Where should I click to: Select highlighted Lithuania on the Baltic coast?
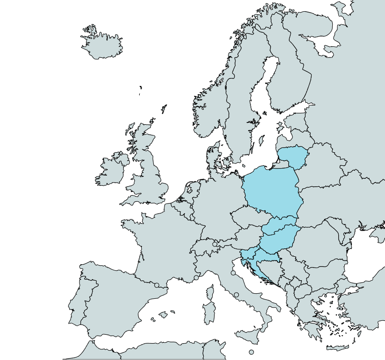click(x=294, y=156)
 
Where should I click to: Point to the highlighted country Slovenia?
click(x=248, y=255)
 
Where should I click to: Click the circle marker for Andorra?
click(x=157, y=285)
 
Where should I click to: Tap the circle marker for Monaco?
click(x=196, y=278)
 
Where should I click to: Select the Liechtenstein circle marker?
click(x=215, y=244)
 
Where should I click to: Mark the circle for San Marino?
click(x=233, y=273)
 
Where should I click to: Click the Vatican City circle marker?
click(x=236, y=295)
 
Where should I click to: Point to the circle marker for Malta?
click(x=251, y=352)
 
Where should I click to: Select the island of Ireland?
click(x=110, y=170)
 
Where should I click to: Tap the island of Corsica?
click(x=210, y=293)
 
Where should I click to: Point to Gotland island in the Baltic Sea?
click(x=262, y=140)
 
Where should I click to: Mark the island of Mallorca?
click(x=163, y=315)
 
